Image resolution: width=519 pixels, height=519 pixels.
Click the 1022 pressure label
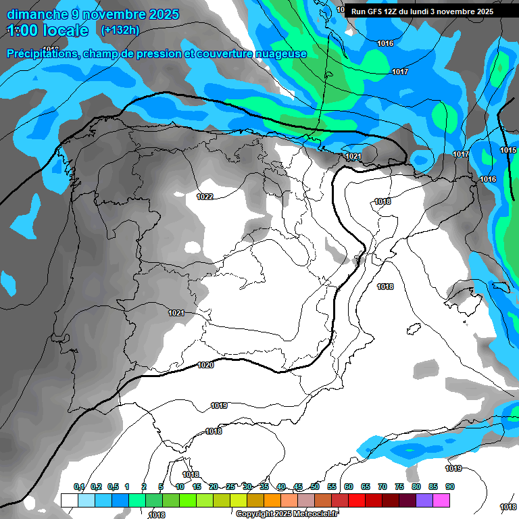205,197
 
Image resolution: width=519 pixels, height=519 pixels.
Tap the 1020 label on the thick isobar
205,365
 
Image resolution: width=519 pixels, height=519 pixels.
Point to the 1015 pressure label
508,150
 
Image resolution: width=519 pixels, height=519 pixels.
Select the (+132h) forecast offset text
120,30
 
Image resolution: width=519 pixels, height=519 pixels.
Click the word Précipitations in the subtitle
41,53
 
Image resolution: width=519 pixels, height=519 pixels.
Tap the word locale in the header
64,30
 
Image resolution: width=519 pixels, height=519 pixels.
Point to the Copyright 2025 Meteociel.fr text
287,514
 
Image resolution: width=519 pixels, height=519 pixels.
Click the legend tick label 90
449,487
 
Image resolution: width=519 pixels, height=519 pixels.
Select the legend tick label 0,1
79,487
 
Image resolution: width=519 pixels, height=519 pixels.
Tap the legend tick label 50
315,487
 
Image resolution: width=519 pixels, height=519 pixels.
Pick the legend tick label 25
230,487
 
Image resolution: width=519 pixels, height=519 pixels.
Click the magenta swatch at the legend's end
441,500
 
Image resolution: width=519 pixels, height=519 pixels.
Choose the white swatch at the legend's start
69,500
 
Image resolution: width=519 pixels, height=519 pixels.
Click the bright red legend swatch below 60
356,500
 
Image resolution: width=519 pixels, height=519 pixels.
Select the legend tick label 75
399,487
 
